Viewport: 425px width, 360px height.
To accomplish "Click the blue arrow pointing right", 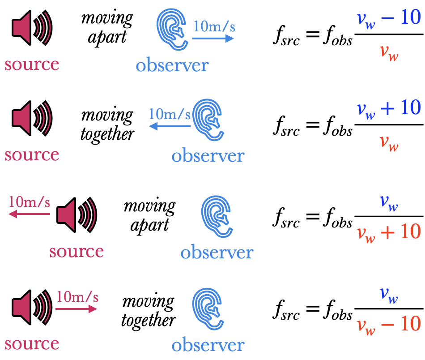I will tap(213, 39).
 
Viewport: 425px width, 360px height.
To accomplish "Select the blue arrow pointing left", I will tap(170, 127).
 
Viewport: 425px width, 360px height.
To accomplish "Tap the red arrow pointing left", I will tap(29, 214).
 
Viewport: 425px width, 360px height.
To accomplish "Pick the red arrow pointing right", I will tap(76, 309).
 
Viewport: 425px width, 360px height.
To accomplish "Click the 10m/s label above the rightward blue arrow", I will tap(214, 26).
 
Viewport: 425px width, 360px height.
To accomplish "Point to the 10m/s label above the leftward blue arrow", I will tap(170, 114).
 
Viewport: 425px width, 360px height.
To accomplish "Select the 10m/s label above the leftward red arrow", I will tap(29, 202).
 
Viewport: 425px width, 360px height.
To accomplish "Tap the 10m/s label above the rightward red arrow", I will tap(77, 296).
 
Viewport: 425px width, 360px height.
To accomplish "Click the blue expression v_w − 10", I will tap(389, 18).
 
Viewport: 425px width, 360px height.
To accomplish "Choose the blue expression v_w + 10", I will tap(389, 108).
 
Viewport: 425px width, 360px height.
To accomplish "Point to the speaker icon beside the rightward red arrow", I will tap(31, 307).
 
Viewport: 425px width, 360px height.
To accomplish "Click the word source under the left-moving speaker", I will tap(76, 251).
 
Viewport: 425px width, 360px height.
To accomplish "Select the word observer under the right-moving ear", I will tap(172, 65).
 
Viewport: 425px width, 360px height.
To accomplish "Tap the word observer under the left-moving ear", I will tap(208, 156).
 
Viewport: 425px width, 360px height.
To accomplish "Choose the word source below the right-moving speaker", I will tap(32, 343).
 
